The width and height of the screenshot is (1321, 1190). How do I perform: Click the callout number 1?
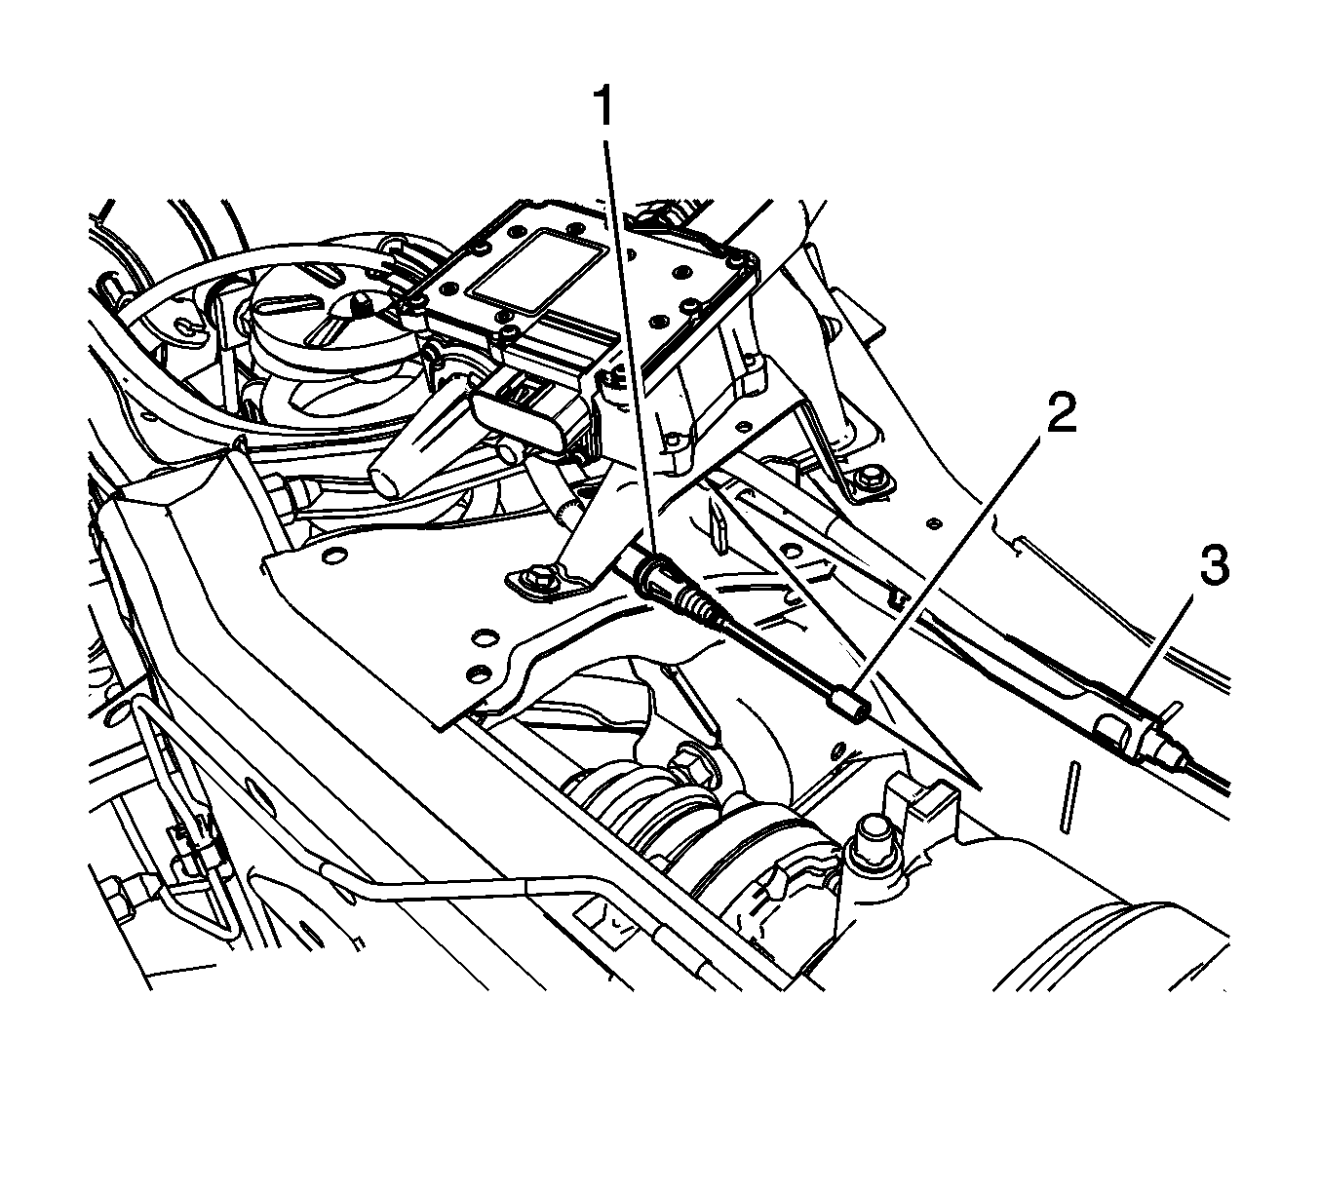tap(602, 106)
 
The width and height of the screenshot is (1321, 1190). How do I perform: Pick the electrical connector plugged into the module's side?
tap(526, 416)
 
